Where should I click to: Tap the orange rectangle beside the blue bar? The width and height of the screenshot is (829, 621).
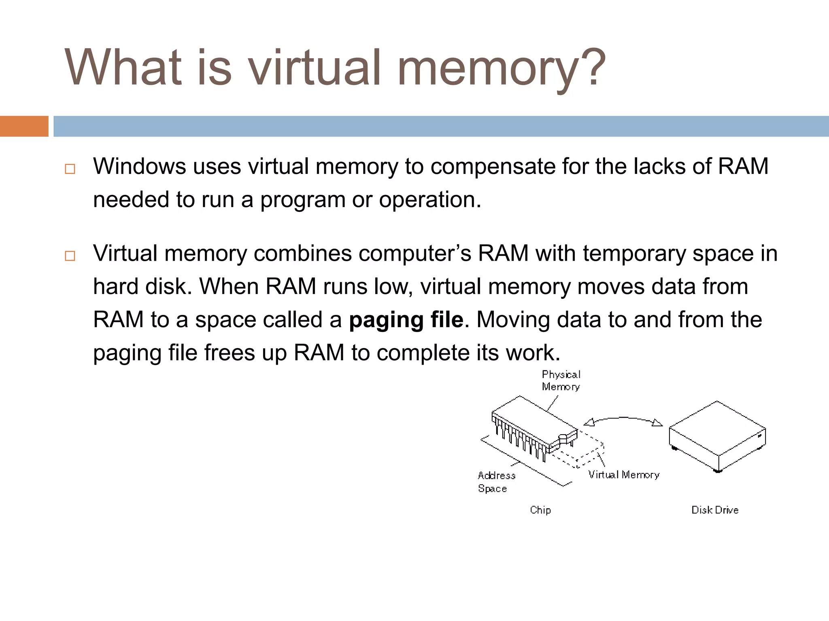pyautogui.click(x=24, y=126)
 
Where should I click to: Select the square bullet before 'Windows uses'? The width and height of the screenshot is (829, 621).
pyautogui.click(x=70, y=169)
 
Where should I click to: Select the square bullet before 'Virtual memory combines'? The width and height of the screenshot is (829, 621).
pyautogui.click(x=70, y=256)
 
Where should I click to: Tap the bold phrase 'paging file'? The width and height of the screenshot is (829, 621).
pyautogui.click(x=406, y=320)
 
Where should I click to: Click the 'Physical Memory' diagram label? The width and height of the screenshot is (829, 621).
pyautogui.click(x=561, y=380)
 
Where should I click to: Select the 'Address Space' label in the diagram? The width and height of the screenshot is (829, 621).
pyautogui.click(x=496, y=482)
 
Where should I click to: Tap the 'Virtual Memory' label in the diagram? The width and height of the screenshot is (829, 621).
pyautogui.click(x=623, y=475)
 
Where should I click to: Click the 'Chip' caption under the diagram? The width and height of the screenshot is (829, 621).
pyautogui.click(x=540, y=510)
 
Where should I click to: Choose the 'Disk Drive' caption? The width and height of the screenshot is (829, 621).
pyautogui.click(x=715, y=510)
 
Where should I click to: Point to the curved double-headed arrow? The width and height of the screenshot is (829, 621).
pyautogui.click(x=623, y=419)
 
